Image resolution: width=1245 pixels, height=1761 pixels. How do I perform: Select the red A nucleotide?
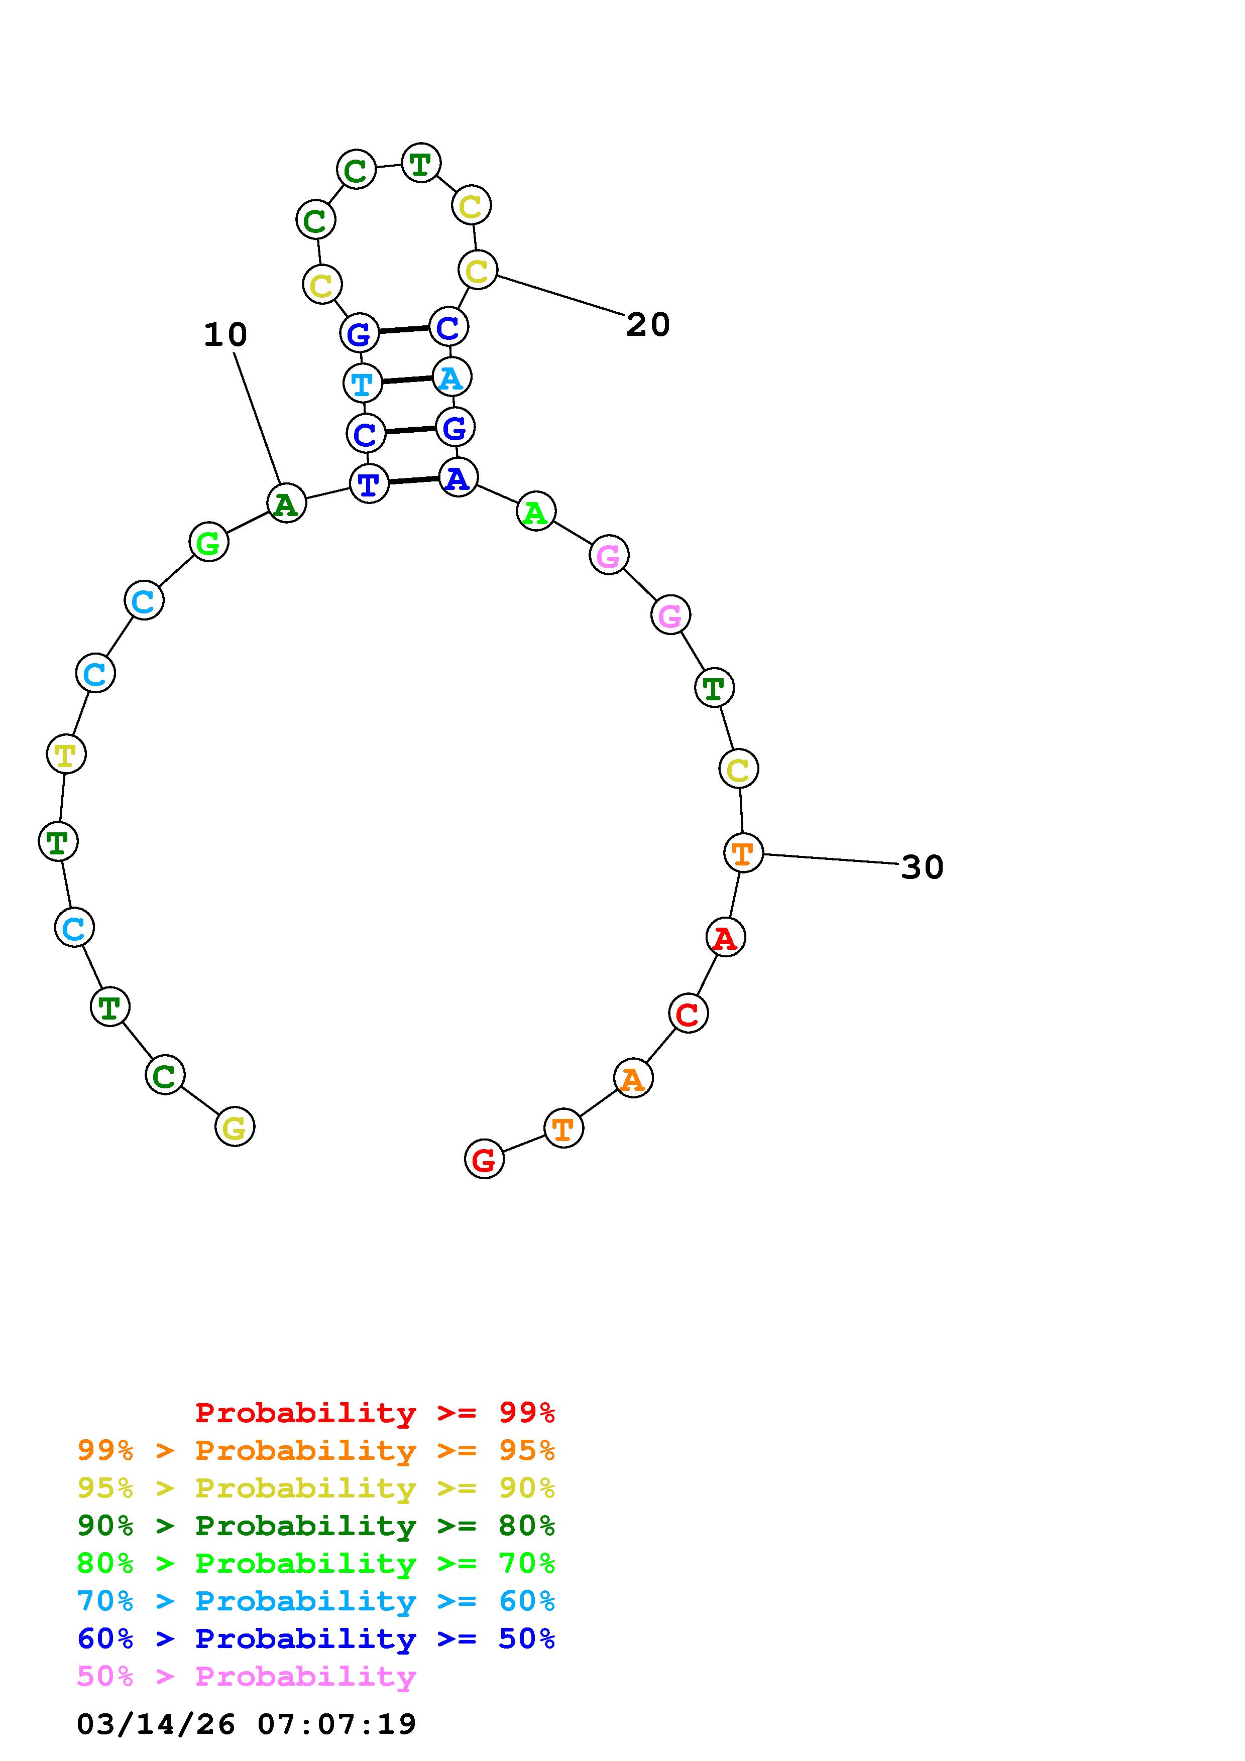[x=725, y=937]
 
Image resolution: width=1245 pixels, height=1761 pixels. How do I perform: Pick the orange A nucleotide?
[x=633, y=1078]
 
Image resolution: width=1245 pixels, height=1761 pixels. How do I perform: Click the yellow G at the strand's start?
[x=234, y=1126]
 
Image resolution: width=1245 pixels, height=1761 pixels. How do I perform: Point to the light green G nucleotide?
[x=208, y=542]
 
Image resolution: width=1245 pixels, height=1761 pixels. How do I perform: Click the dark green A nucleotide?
[x=286, y=503]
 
